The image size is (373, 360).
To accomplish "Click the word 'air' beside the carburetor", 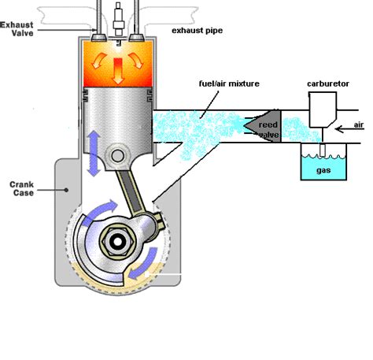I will (360, 124).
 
